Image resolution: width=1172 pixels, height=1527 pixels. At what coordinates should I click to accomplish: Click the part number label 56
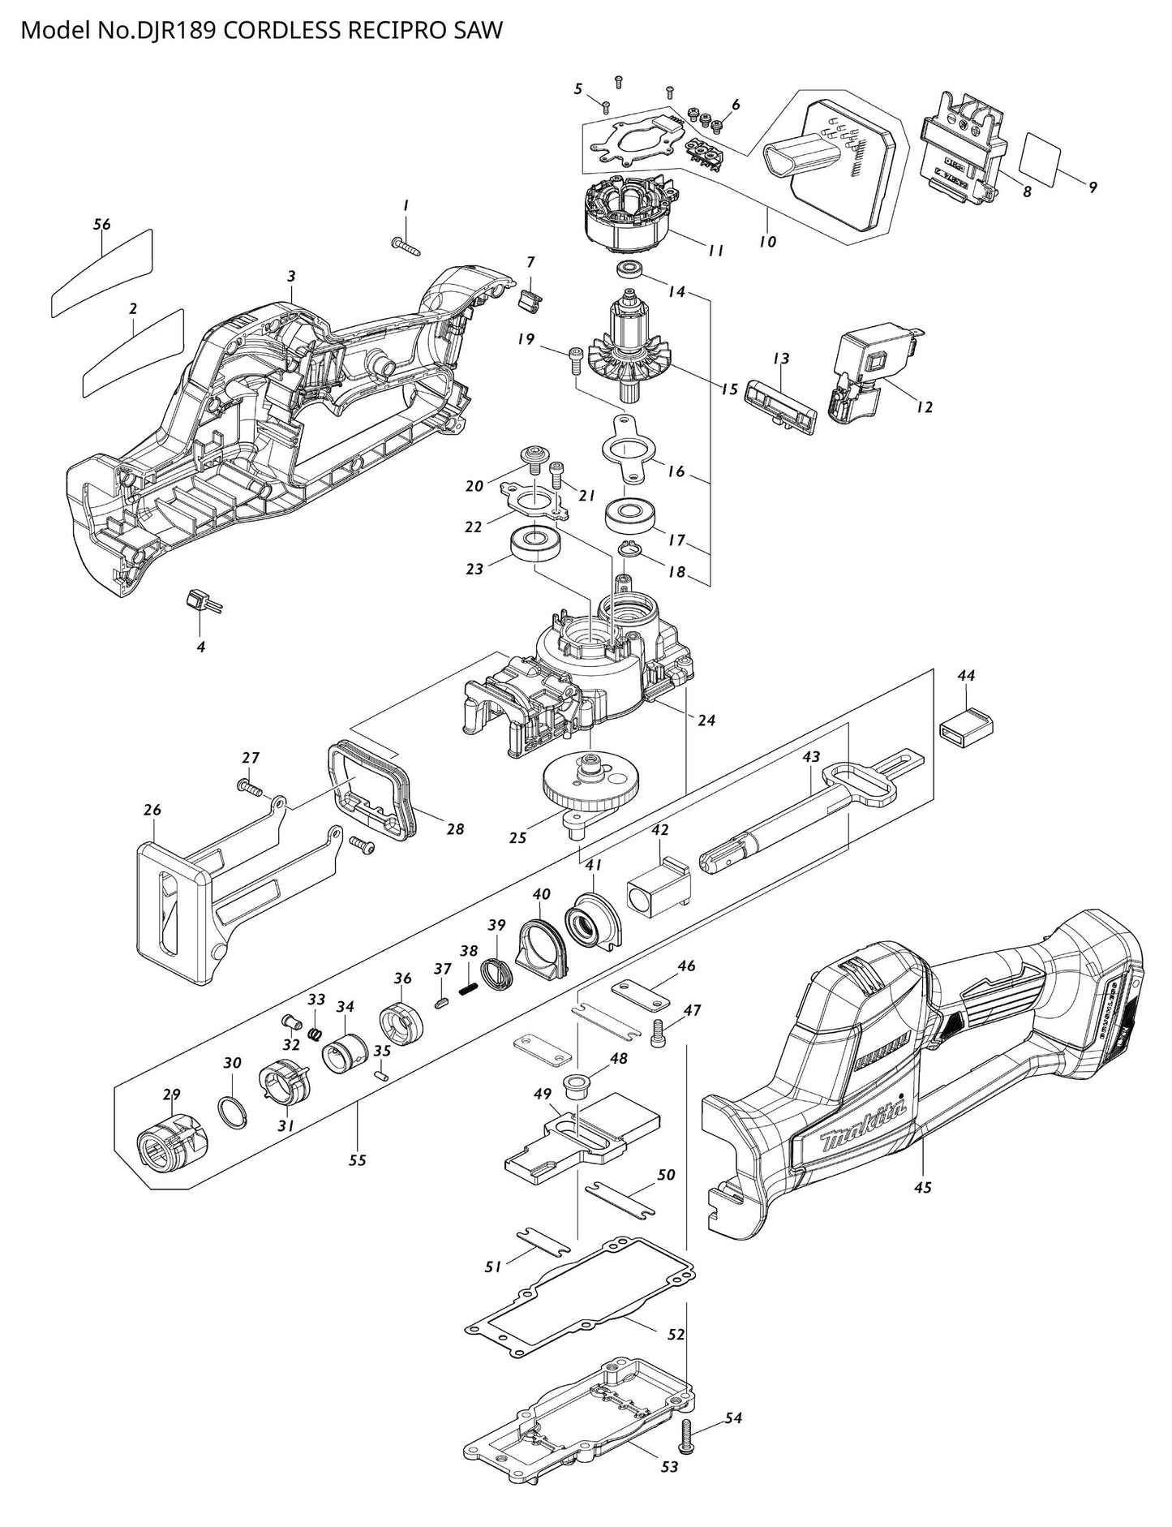coord(101,225)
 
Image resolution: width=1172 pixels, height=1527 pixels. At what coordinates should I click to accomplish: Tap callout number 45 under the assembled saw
coord(922,1187)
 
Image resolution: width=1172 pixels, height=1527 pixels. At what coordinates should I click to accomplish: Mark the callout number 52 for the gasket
coord(676,1335)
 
